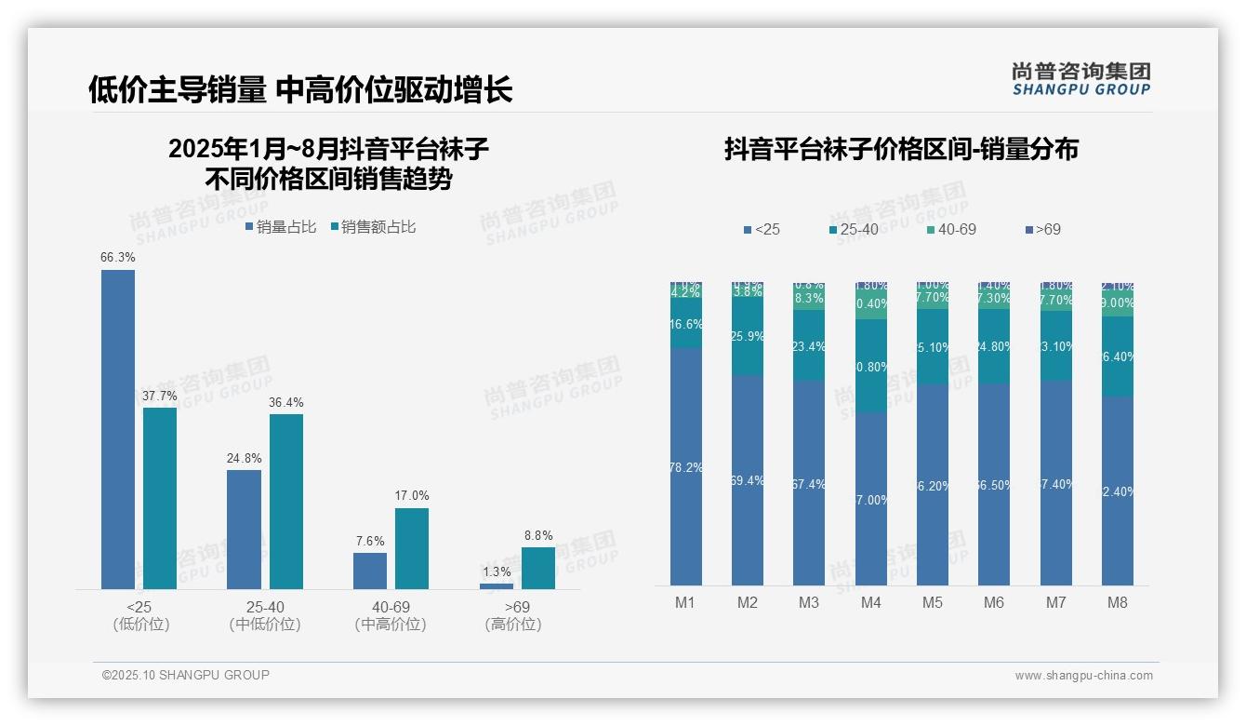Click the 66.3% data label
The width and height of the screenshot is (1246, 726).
click(118, 257)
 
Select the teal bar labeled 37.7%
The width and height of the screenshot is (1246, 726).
click(160, 498)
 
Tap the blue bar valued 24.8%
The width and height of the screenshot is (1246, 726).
click(244, 529)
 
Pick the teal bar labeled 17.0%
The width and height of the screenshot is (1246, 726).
click(412, 548)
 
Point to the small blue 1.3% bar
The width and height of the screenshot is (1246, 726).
click(497, 586)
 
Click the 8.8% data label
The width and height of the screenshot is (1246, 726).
click(538, 535)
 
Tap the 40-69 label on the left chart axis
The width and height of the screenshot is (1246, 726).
click(391, 607)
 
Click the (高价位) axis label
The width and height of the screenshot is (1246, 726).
click(513, 625)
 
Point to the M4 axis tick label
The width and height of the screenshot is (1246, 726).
click(870, 602)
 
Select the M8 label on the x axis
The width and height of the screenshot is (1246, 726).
click(1118, 602)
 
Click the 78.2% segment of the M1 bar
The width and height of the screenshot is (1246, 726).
click(685, 467)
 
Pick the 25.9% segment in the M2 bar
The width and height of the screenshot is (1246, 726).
click(748, 336)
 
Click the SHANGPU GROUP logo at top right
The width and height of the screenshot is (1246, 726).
click(1081, 79)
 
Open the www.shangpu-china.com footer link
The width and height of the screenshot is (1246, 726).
click(1083, 676)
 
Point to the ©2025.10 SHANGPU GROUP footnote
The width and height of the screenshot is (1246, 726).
click(185, 675)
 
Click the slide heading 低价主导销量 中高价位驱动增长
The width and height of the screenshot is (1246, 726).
click(300, 89)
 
